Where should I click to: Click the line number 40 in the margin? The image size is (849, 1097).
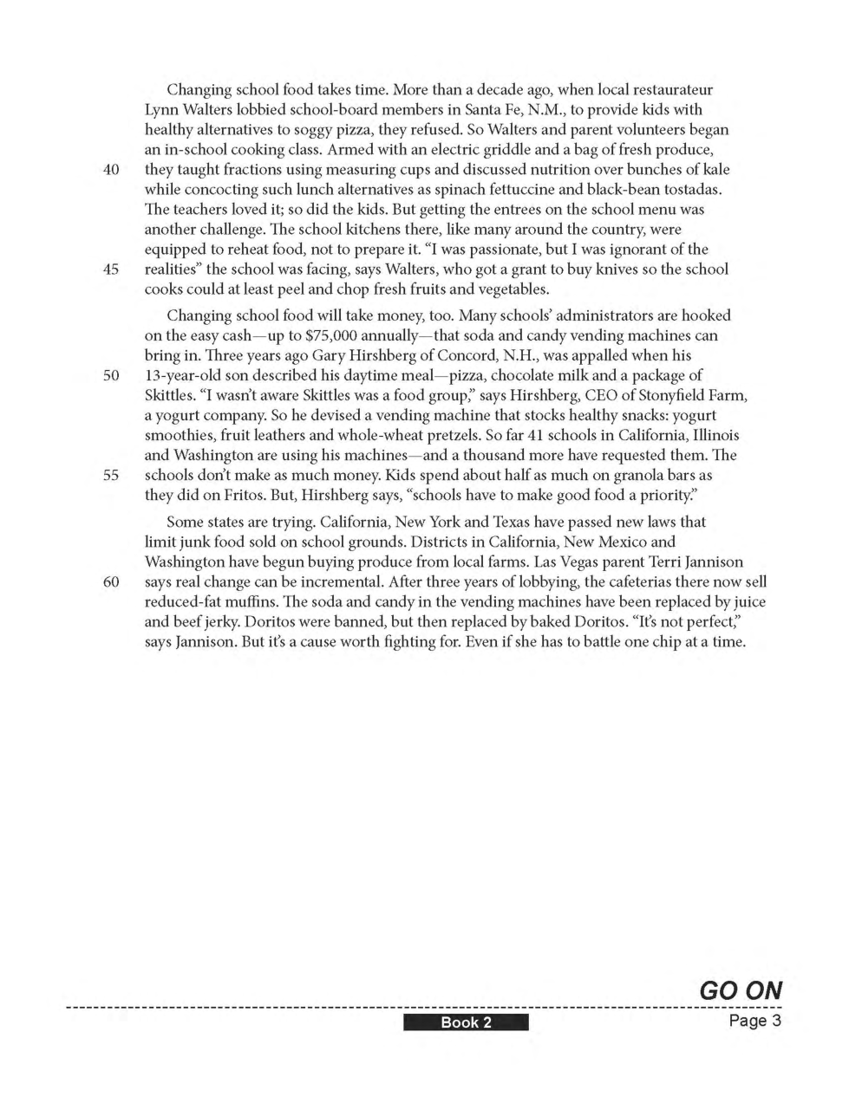tap(110, 170)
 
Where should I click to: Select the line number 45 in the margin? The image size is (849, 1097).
tap(110, 269)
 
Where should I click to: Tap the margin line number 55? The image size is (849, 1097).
tap(110, 476)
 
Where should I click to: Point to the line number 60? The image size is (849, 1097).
tap(110, 582)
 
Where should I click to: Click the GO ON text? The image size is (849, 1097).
tap(740, 990)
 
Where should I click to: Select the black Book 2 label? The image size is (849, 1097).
tap(466, 1022)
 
